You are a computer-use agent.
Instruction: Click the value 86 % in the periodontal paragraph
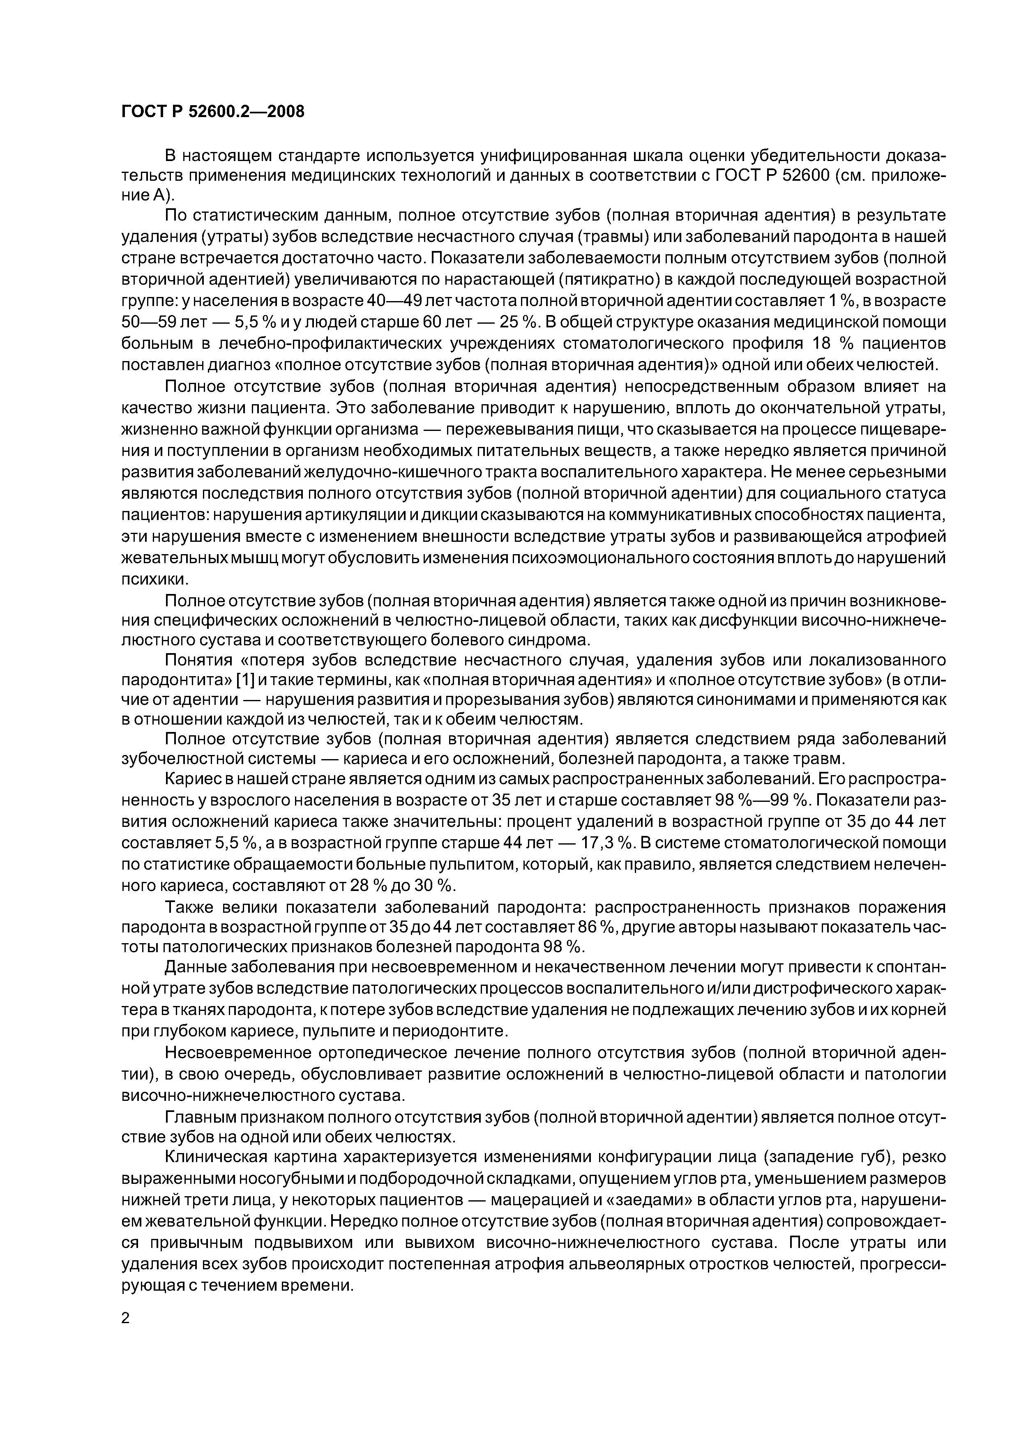(x=595, y=927)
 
